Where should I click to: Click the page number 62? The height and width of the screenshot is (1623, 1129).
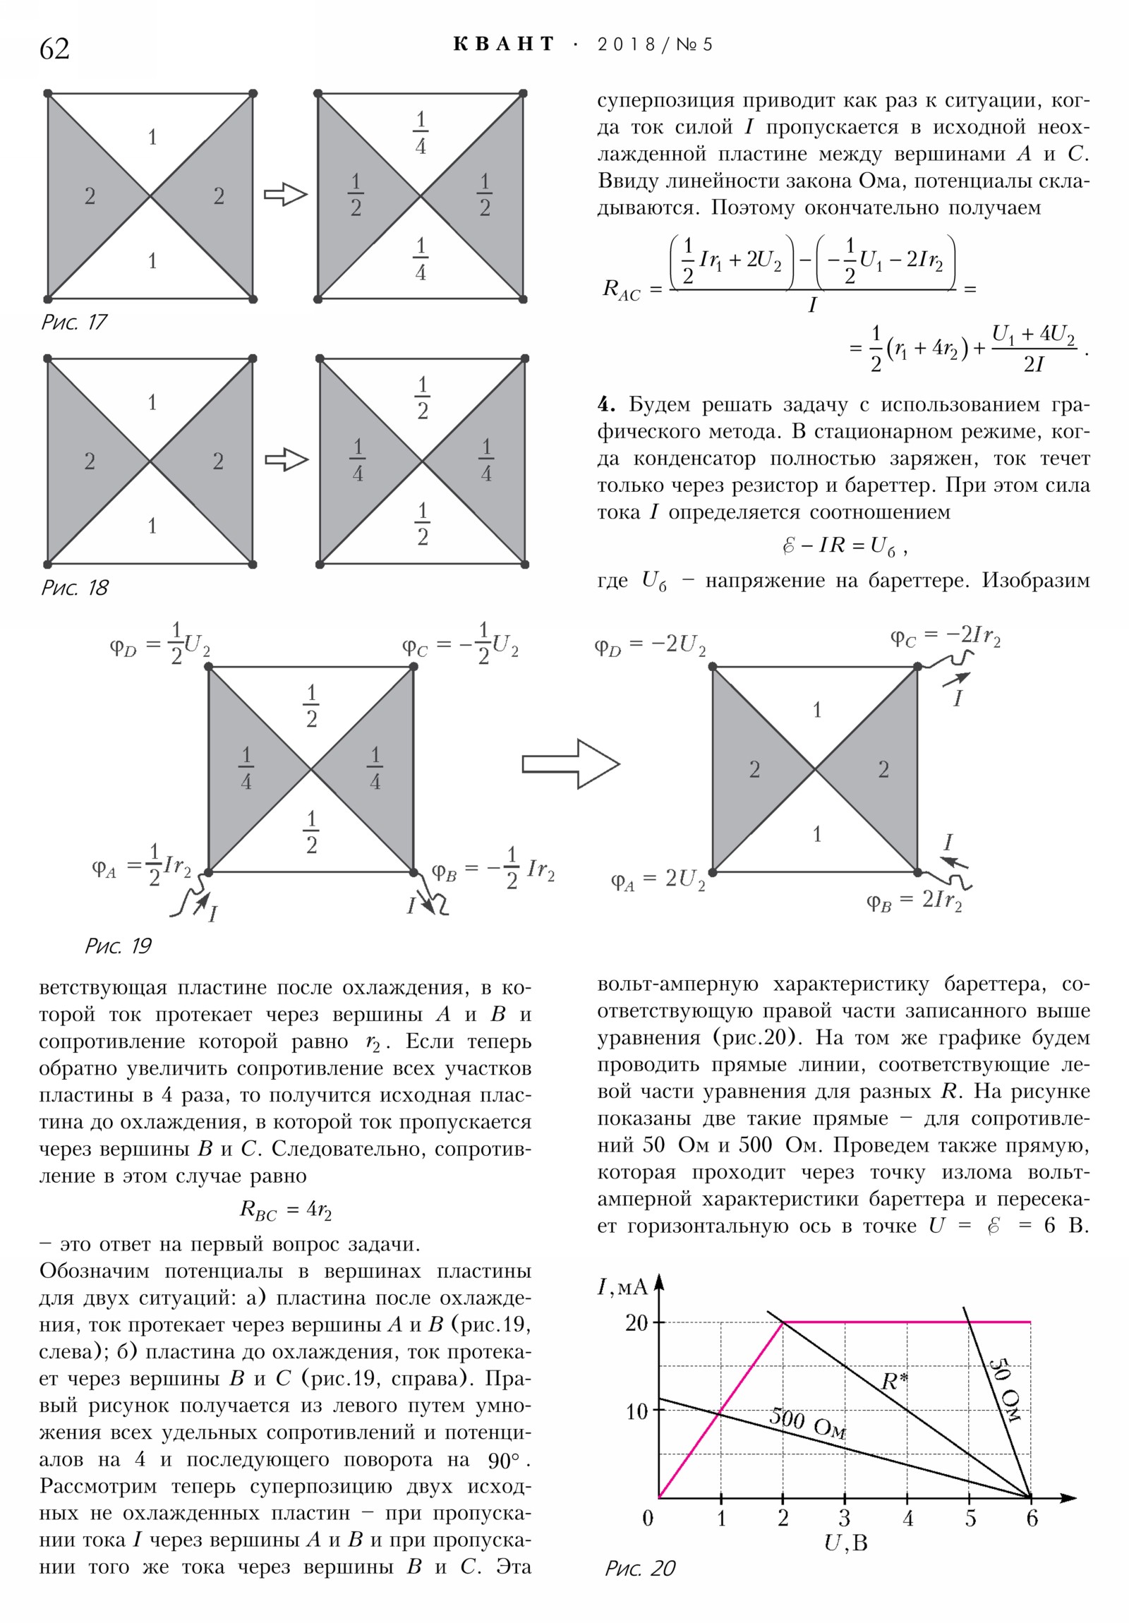coord(54,49)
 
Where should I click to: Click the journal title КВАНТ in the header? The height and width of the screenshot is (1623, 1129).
coord(504,44)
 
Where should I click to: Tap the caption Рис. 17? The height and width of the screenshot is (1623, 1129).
coord(73,322)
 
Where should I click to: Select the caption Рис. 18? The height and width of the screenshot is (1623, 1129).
coord(74,587)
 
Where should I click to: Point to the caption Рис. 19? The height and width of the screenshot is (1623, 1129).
coord(118,946)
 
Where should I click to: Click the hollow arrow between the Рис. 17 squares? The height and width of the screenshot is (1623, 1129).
coord(286,194)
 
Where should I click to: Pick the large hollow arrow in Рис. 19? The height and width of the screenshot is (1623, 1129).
coord(570,764)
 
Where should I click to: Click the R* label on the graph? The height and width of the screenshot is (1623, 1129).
coord(894,1380)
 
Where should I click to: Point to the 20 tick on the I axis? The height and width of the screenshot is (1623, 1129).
coord(636,1322)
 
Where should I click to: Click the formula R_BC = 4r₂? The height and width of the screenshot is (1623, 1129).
coord(285,1210)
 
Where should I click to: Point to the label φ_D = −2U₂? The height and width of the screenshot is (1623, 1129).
coord(649,646)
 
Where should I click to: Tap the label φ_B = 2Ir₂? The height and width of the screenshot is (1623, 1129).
coord(913,901)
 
